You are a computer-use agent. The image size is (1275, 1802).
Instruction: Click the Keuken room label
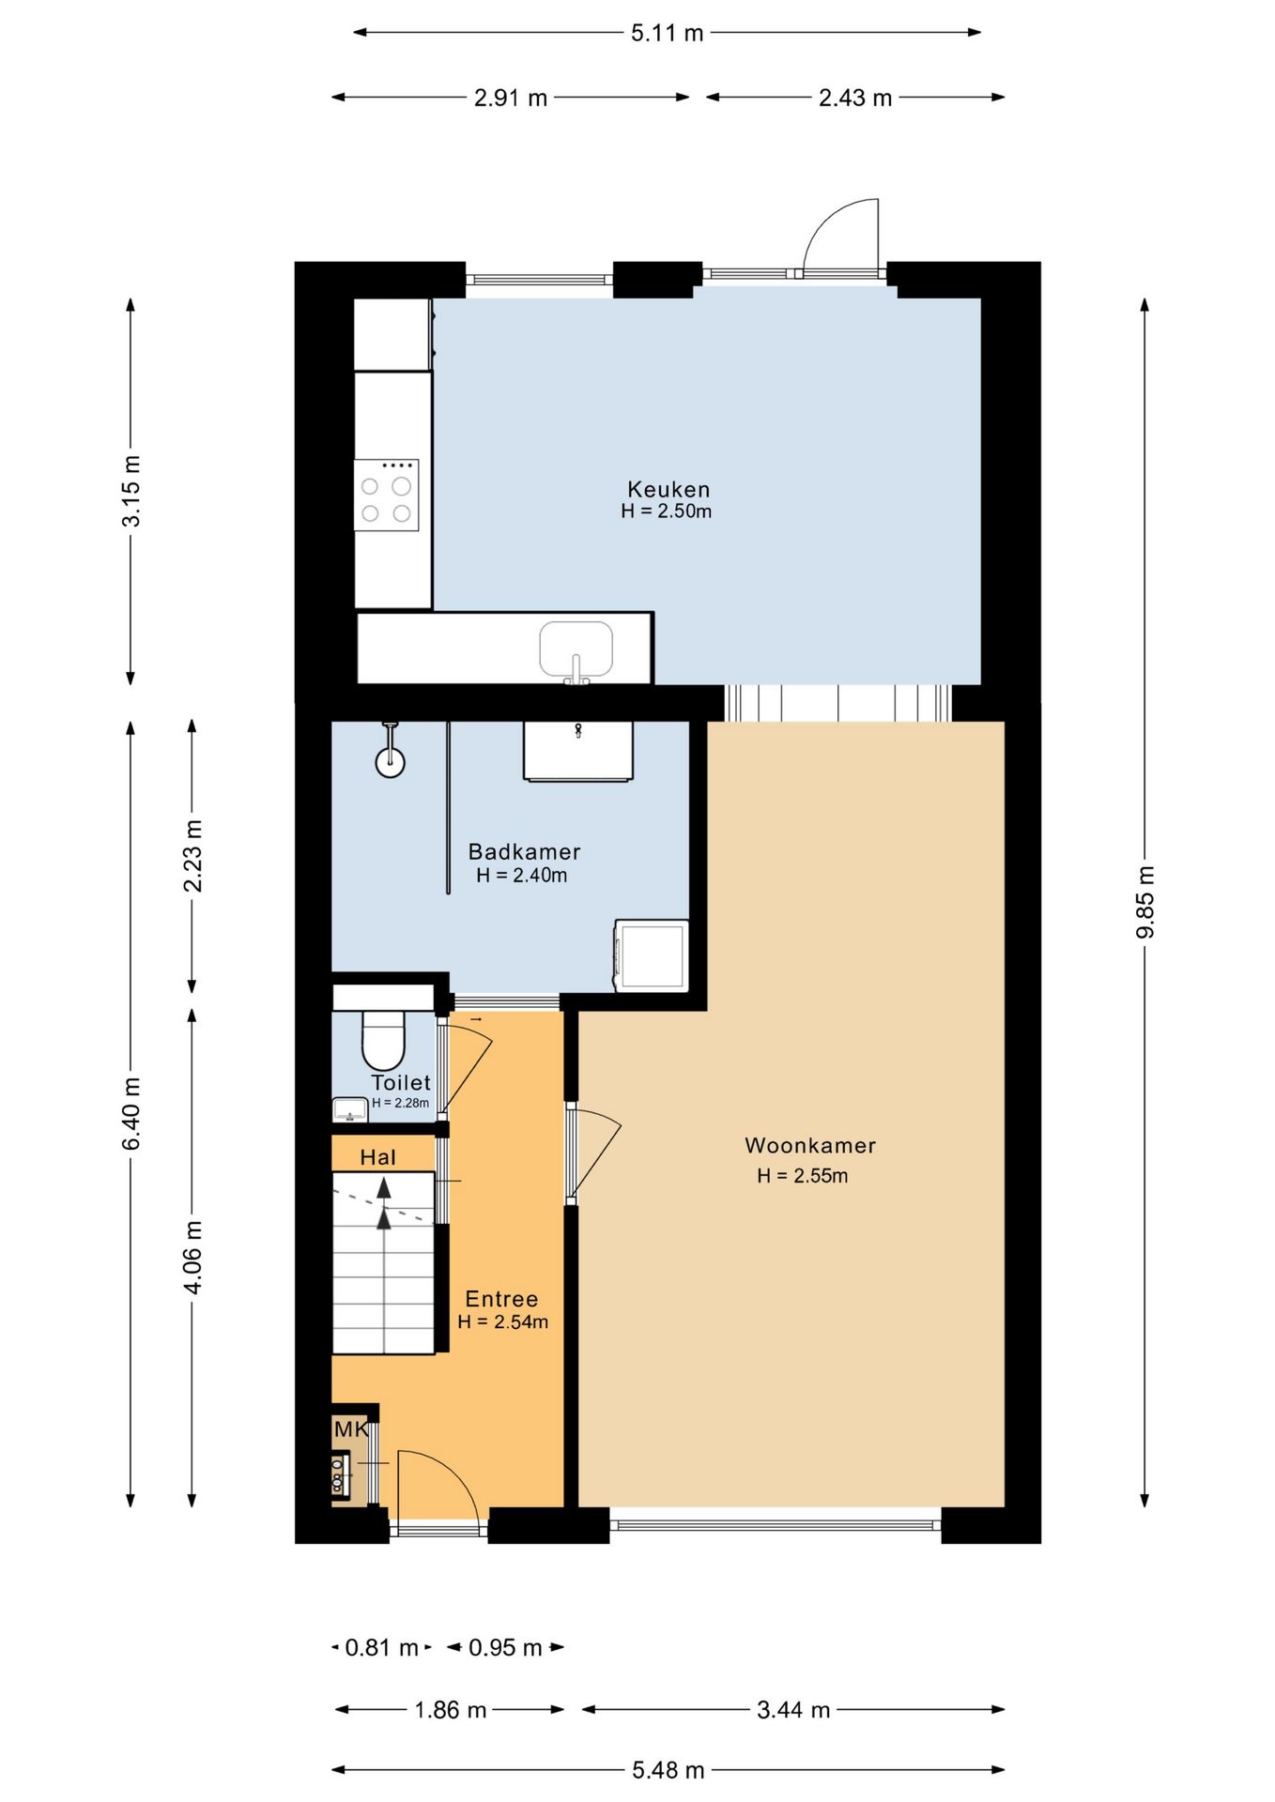tap(668, 489)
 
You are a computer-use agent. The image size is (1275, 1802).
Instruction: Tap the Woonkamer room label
tap(810, 1145)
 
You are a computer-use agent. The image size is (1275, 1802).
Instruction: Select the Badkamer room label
tap(524, 851)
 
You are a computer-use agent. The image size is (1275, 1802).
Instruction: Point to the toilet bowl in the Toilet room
tap(383, 1039)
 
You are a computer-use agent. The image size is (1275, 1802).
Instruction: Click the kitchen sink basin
tap(576, 649)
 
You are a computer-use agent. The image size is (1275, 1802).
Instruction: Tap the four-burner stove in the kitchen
tap(386, 495)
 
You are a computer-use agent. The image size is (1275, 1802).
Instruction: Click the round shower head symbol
tap(390, 762)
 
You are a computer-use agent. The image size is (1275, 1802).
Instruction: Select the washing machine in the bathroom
tap(651, 955)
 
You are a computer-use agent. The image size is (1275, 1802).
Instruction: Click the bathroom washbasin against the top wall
tap(577, 751)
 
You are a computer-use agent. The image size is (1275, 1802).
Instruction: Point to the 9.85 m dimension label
tap(1145, 902)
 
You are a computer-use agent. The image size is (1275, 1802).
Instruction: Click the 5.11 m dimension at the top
tap(667, 34)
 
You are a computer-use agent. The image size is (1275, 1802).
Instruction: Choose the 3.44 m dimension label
tap(793, 1710)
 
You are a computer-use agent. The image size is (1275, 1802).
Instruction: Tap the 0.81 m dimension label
tap(381, 1648)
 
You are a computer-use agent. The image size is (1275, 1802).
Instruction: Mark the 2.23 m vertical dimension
tap(192, 856)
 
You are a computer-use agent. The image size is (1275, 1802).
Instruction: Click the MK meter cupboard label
tap(351, 1429)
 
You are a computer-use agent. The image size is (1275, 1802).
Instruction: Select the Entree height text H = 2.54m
tap(502, 1321)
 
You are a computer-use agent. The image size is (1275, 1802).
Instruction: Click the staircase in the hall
tap(384, 1262)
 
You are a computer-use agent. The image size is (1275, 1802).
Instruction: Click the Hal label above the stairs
tap(377, 1157)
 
